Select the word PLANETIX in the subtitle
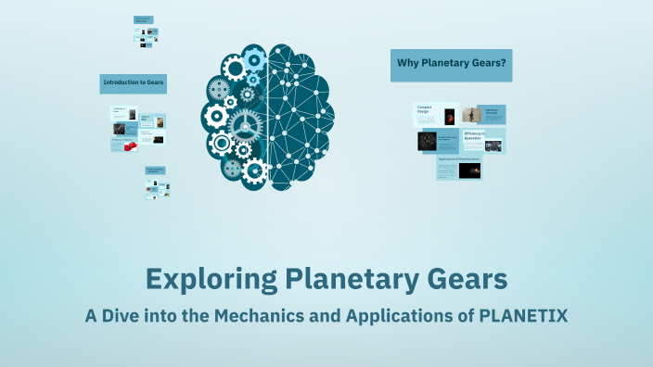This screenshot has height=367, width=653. click(521, 315)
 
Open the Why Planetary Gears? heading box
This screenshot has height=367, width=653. click(451, 65)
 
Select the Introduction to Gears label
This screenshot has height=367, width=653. click(134, 83)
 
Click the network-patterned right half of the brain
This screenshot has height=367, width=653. click(300, 116)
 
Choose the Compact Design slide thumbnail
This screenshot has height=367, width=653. click(435, 114)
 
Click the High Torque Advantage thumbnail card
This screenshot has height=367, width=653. click(492, 114)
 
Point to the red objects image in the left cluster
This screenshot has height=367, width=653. click(131, 146)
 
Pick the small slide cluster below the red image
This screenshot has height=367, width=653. click(157, 183)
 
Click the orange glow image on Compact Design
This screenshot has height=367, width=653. click(450, 116)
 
